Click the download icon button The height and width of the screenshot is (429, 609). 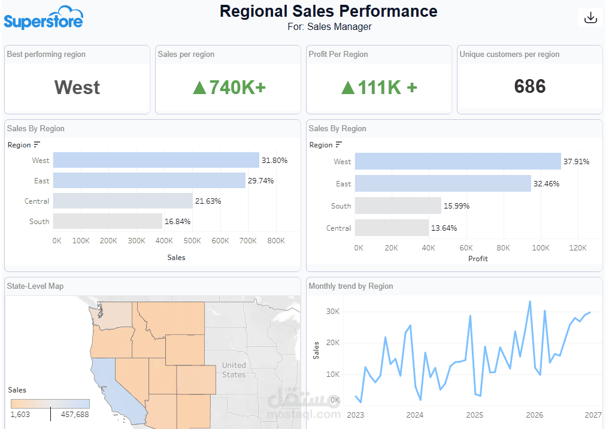(591, 17)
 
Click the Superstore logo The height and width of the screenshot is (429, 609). (44, 17)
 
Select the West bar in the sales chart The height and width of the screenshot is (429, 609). (156, 160)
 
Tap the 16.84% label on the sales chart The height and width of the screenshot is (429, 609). (177, 222)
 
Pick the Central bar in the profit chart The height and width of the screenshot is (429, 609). (392, 228)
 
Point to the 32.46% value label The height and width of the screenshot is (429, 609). (547, 184)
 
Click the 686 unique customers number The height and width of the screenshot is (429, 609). (530, 86)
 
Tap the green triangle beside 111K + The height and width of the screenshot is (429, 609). (348, 87)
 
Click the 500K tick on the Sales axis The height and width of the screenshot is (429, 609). (192, 241)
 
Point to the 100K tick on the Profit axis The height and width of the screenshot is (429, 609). (541, 248)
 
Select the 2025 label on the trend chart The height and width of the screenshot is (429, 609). (475, 415)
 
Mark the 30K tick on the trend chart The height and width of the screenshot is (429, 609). (333, 311)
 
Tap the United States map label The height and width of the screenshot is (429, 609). (234, 370)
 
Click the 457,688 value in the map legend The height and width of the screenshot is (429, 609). (75, 415)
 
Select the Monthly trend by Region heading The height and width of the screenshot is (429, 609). (351, 286)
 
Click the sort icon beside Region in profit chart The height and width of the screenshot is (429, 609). (339, 144)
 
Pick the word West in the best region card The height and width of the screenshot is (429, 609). (77, 87)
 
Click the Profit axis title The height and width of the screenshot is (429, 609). (478, 259)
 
